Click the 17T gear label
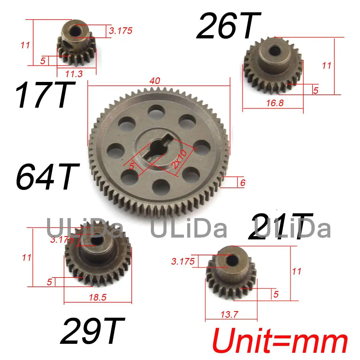[x=45, y=95]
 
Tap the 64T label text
[x=48, y=176]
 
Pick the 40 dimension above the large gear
[x=155, y=81]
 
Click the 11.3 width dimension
[x=74, y=74]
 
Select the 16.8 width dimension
[x=275, y=103]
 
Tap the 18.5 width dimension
[x=98, y=297]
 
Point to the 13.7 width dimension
[x=229, y=315]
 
